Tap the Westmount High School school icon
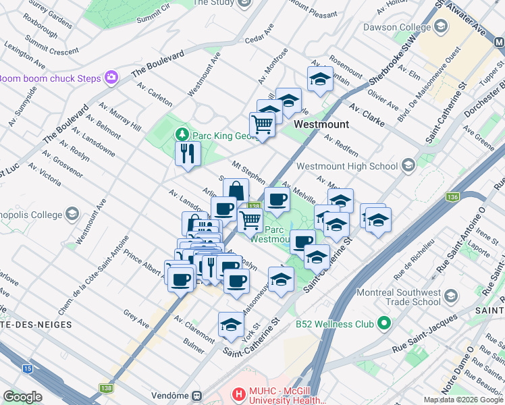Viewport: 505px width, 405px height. point(408,165)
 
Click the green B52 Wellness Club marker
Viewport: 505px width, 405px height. point(384,324)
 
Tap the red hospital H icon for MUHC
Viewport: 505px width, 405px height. point(238,393)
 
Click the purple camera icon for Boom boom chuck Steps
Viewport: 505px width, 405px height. point(111,78)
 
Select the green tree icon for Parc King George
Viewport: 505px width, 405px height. point(182,134)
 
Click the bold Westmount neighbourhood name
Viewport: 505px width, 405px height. point(321,125)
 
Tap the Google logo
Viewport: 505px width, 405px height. point(22,396)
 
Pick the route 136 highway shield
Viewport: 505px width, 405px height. point(452,197)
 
